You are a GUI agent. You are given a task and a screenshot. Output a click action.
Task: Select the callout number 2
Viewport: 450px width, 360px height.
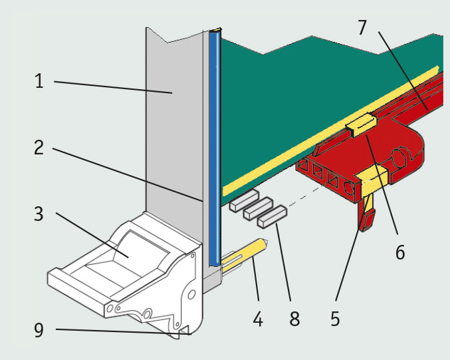[x=39, y=147]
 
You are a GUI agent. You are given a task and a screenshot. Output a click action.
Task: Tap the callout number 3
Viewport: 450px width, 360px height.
[x=39, y=214]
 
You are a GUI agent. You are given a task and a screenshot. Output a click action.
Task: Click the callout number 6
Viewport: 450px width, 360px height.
[x=399, y=252]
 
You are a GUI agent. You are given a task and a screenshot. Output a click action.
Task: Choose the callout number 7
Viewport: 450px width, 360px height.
[x=362, y=28]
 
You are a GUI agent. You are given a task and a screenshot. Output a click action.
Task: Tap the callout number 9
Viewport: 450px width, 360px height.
[x=39, y=329]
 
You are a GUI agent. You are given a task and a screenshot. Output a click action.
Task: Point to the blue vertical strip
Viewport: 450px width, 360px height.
[x=213, y=146]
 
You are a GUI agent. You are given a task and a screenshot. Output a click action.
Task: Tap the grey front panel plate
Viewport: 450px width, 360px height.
[x=173, y=120]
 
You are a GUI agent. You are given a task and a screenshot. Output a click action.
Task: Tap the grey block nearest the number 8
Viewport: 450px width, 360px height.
[x=273, y=214]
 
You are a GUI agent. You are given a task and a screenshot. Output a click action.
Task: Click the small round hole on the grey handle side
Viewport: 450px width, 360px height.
[x=191, y=293]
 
